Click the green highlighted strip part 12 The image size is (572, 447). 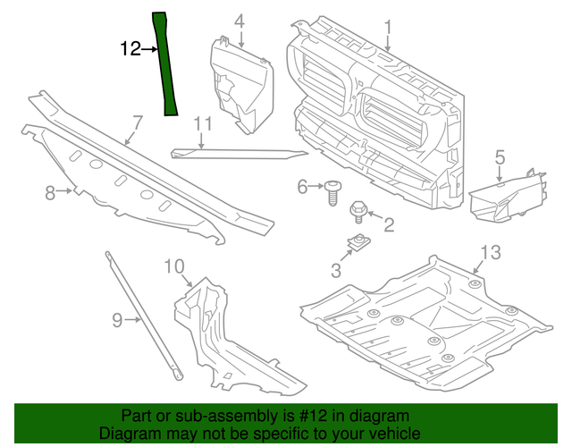click(x=165, y=67)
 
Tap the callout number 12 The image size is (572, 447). click(x=130, y=48)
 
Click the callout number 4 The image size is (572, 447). click(x=239, y=21)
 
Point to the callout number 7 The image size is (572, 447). click(x=138, y=122)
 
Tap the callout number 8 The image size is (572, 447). click(x=51, y=190)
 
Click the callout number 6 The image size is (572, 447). click(x=302, y=186)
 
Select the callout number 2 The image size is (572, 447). click(x=389, y=224)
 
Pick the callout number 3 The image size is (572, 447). click(x=336, y=269)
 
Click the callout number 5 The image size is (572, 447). click(x=500, y=158)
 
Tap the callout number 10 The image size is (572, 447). click(x=173, y=266)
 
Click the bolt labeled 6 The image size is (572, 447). click(x=332, y=190)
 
